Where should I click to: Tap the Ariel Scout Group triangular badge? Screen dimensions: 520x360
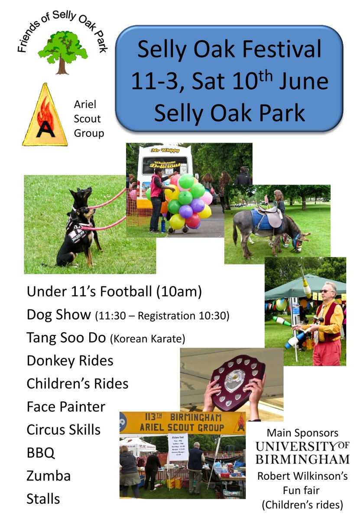45,117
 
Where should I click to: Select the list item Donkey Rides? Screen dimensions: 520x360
70,361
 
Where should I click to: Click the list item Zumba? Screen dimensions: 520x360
49,476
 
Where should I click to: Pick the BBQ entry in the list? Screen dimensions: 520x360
41,453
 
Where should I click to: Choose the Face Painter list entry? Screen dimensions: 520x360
66,406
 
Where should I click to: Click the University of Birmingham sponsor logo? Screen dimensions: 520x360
302,452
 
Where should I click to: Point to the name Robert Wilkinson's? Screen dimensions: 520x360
302,476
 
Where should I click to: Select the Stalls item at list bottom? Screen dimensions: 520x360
43,499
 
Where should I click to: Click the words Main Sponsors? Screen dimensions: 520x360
302,432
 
